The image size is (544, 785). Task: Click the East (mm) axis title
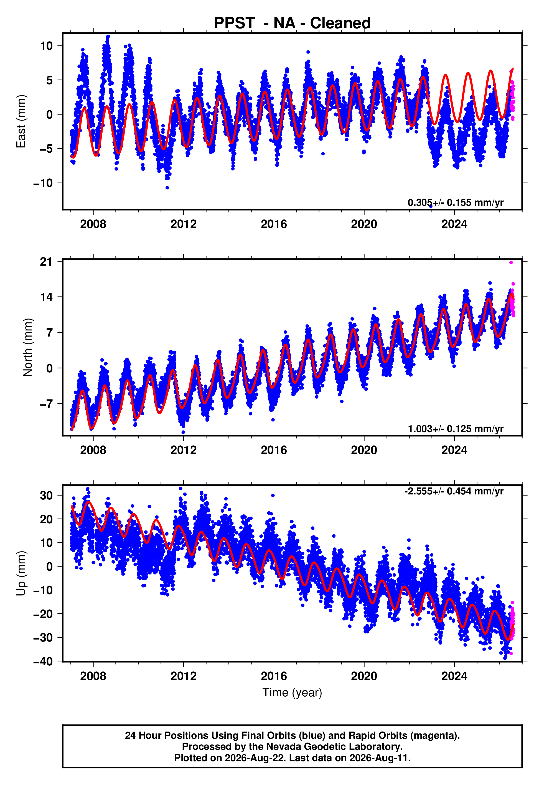21,121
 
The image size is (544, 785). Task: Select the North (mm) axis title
28,347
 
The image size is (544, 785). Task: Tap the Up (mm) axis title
21,573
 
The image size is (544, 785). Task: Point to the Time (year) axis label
292,692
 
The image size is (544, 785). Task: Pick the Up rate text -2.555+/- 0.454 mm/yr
454,491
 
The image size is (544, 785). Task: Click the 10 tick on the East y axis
46,46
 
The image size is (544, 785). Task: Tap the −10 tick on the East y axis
43,183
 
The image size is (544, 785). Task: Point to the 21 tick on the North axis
46,261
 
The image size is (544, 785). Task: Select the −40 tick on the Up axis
43,661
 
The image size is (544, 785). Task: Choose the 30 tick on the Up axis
46,495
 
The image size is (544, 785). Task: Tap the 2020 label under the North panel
364,450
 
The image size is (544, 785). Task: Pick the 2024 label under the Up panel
454,676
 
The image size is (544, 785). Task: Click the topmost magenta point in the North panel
511,263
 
